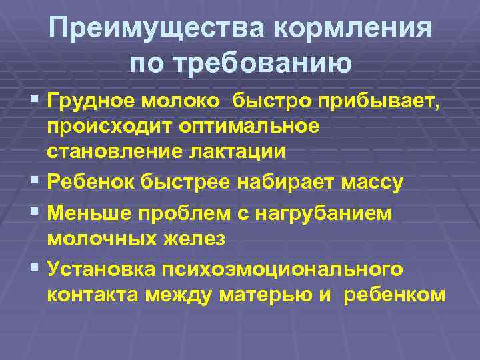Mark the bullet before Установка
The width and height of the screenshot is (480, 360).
tap(35, 269)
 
